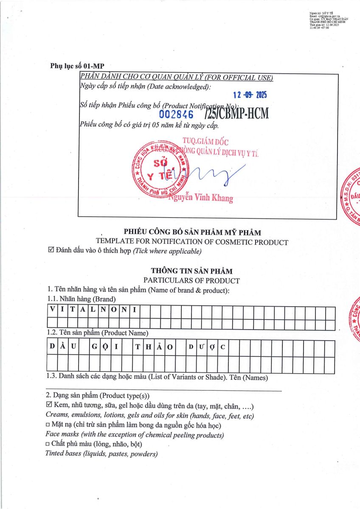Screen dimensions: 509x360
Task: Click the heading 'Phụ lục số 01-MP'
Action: (x=77, y=66)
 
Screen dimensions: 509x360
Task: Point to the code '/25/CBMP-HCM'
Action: (x=236, y=114)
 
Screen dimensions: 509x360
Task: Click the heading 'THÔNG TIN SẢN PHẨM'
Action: (x=192, y=271)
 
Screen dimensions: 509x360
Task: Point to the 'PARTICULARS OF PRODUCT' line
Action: (x=191, y=280)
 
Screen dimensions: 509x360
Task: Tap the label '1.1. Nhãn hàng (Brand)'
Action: (x=82, y=299)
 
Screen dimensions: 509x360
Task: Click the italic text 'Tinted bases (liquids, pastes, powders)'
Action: (x=101, y=453)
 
